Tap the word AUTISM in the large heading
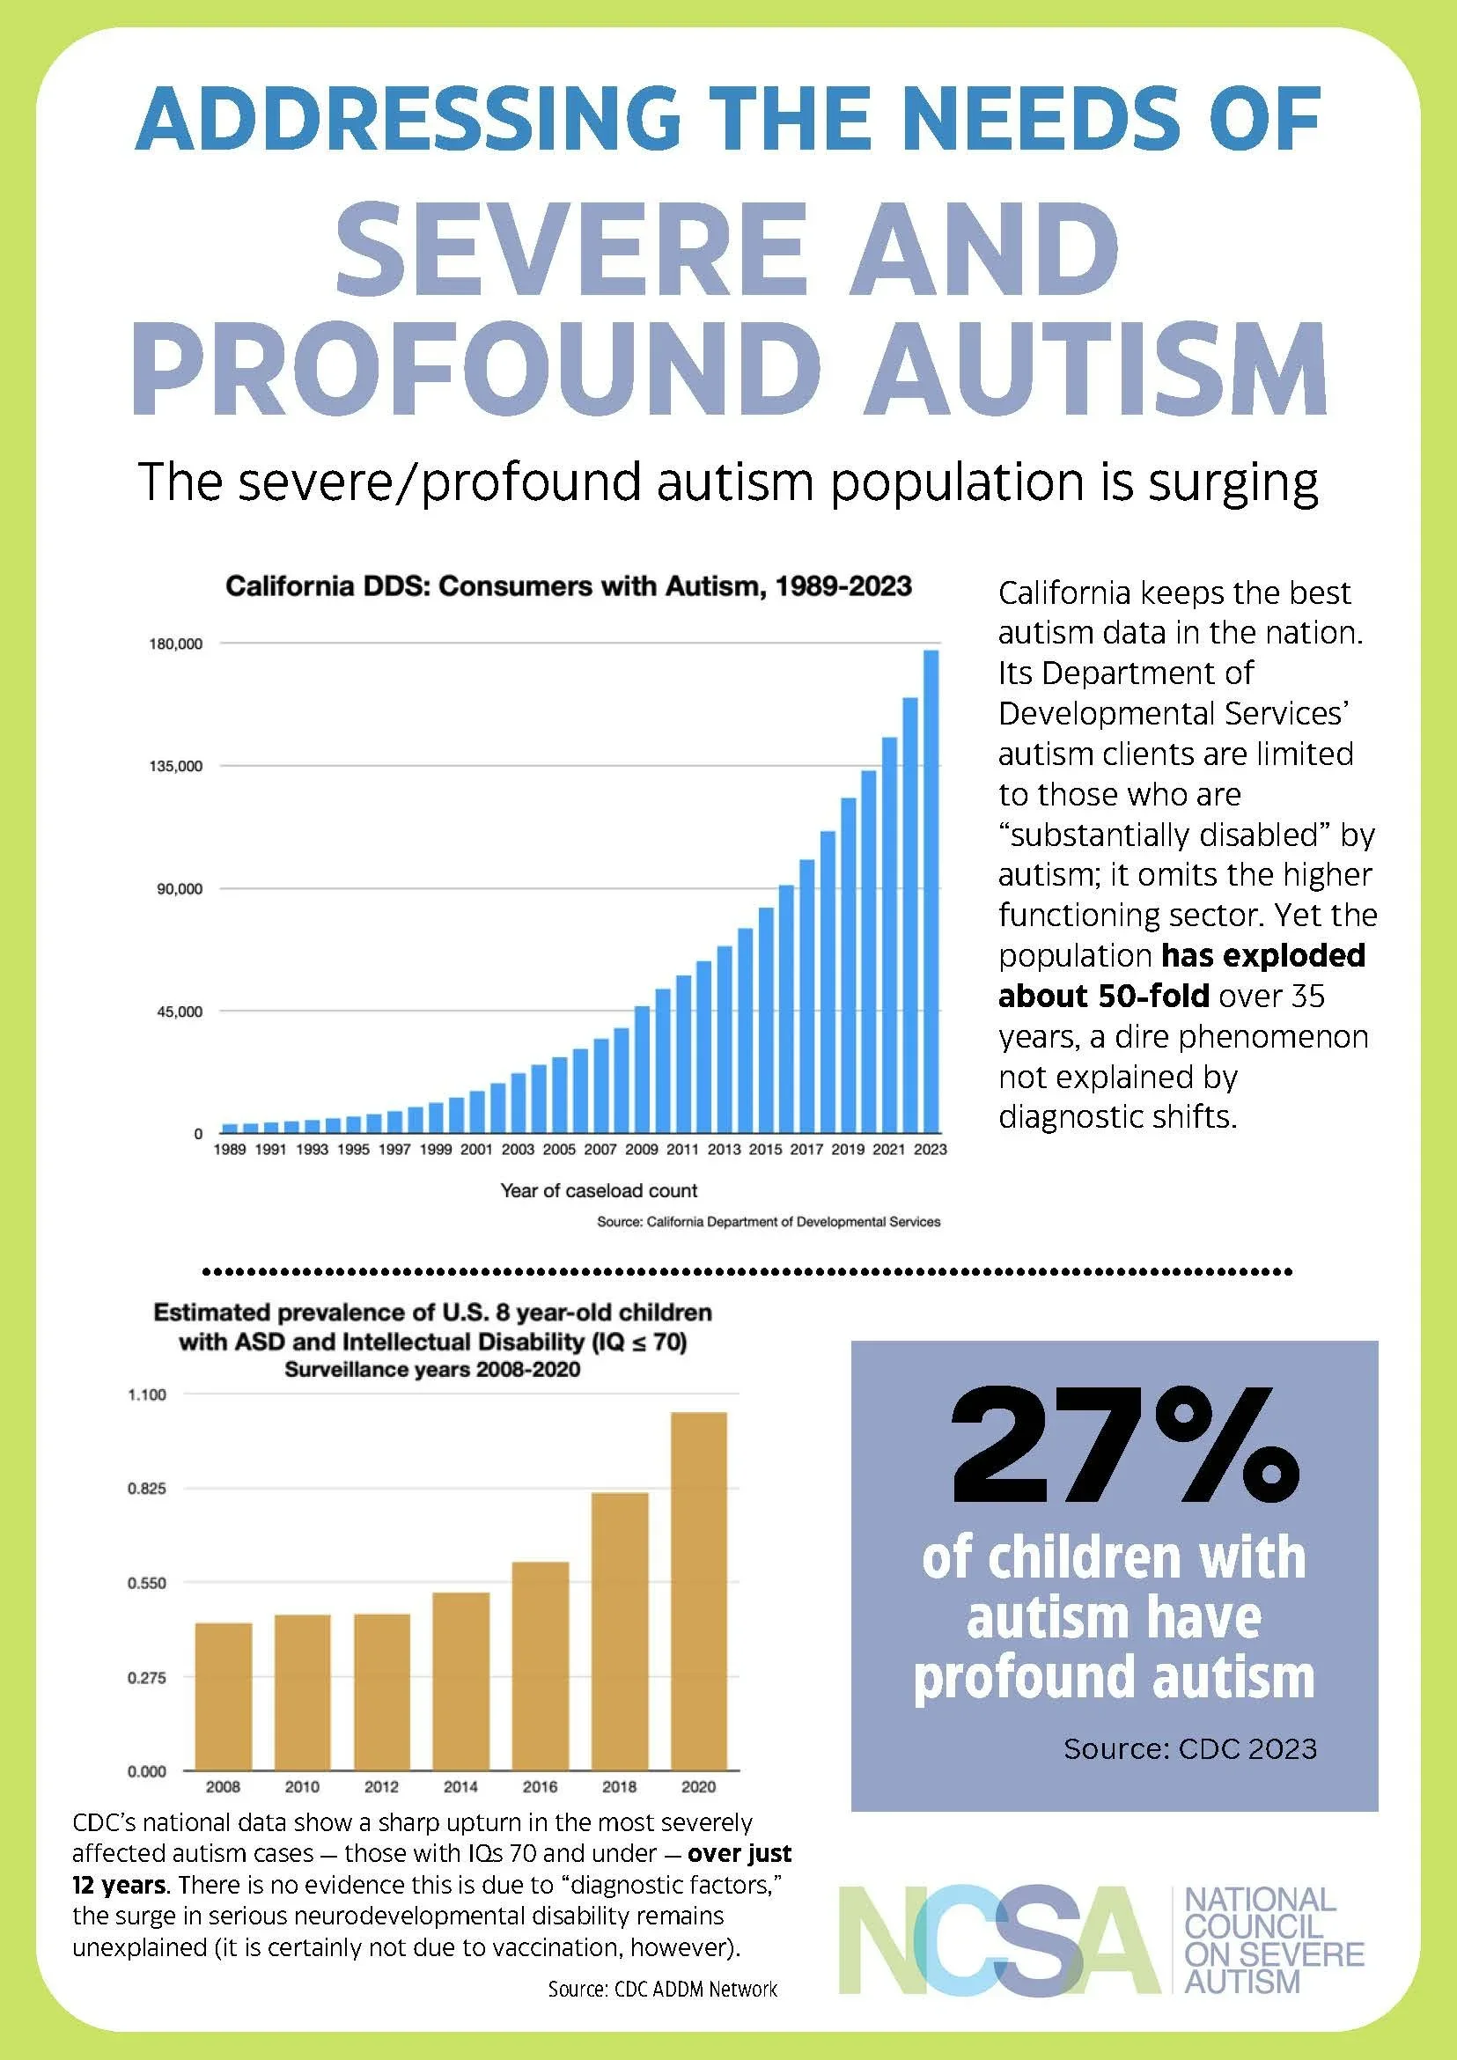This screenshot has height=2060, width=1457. point(1095,367)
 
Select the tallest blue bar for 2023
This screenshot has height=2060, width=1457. point(931,891)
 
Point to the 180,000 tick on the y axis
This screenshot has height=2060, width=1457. point(176,644)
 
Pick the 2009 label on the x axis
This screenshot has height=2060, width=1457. point(642,1149)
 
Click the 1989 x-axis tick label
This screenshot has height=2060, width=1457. point(230,1149)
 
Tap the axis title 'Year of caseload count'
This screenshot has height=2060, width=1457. point(599,1190)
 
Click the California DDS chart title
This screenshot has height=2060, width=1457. point(569,586)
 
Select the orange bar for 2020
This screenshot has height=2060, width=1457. point(698,1592)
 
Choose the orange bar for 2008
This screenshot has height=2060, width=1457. point(224,1696)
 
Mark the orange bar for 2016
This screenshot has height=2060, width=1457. point(540,1666)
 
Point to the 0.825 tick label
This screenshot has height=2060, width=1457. point(146,1489)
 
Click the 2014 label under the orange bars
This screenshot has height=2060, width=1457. point(461,1786)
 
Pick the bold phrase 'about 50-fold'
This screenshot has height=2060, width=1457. point(1103,996)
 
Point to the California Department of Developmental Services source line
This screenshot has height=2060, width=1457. point(769,1221)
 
